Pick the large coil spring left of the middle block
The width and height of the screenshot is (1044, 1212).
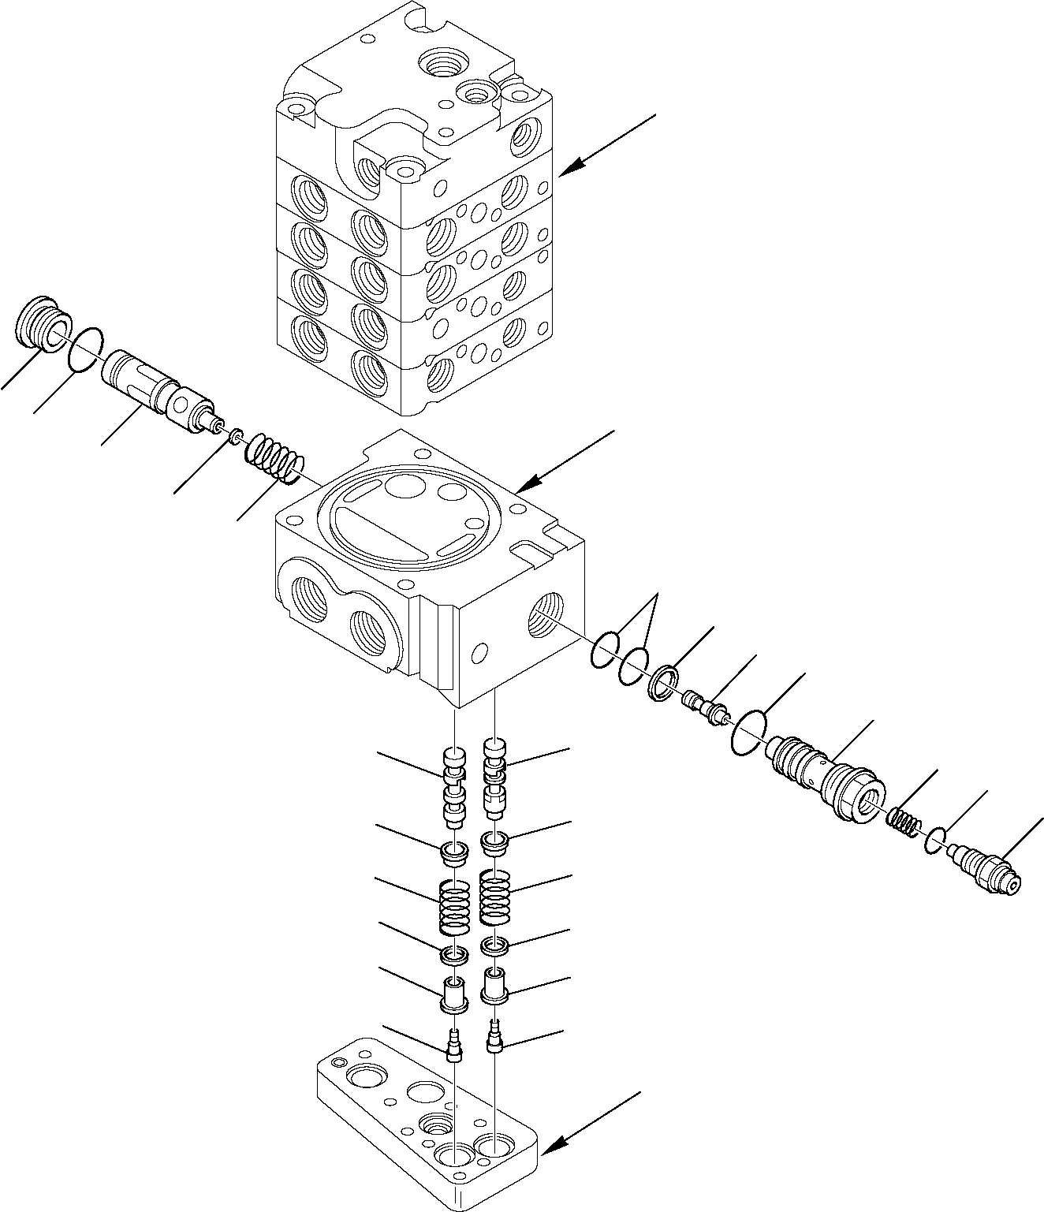point(273,461)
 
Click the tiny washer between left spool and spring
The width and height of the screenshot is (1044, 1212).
point(235,434)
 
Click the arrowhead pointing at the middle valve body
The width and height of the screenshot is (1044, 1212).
point(529,481)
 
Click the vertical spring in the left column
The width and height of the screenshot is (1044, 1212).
point(454,903)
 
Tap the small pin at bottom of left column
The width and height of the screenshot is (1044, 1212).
point(453,1044)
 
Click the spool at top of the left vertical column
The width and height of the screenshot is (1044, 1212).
point(453,789)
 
